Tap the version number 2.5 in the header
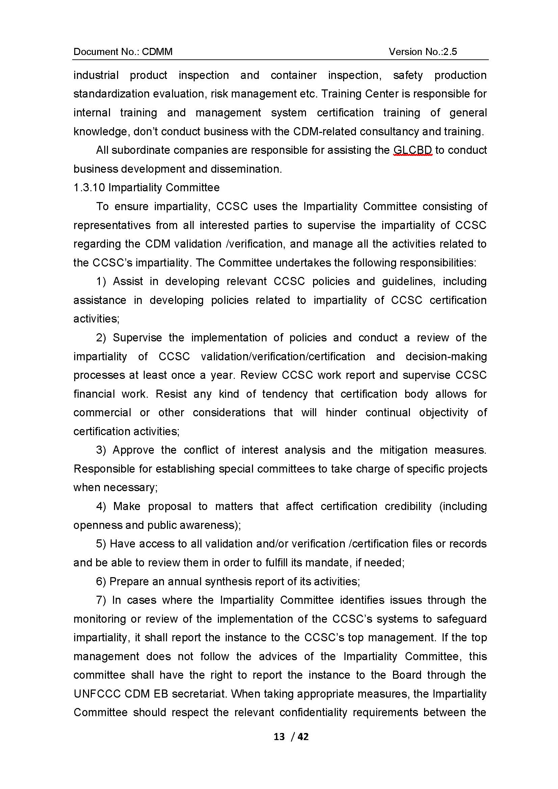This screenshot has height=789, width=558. (450, 52)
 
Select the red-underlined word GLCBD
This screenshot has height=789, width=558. (413, 150)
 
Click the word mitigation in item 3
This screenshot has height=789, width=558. (403, 450)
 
